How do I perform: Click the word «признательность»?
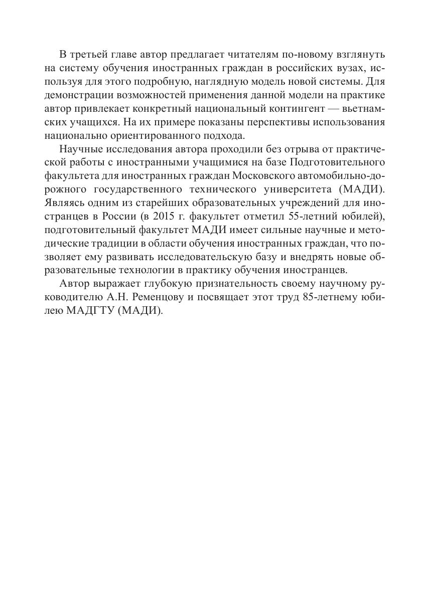(x=225, y=284)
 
